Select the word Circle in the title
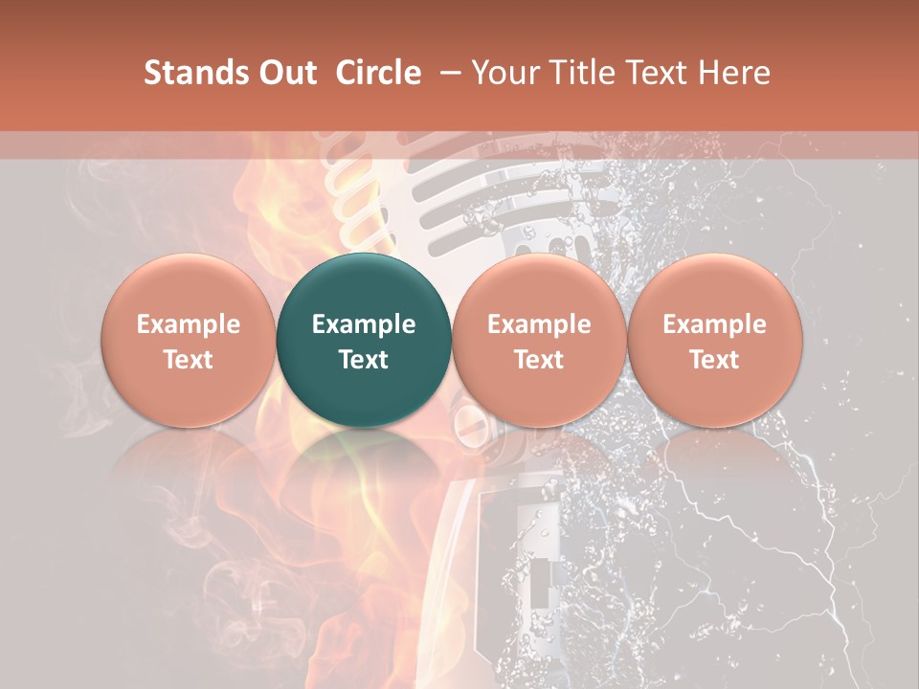pos(378,73)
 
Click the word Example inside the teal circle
pos(363,324)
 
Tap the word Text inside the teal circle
pos(363,360)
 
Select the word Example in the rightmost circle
pos(714,324)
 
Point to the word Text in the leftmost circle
pos(188,360)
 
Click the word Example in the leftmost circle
pos(188,324)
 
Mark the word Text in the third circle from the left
pos(539,360)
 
